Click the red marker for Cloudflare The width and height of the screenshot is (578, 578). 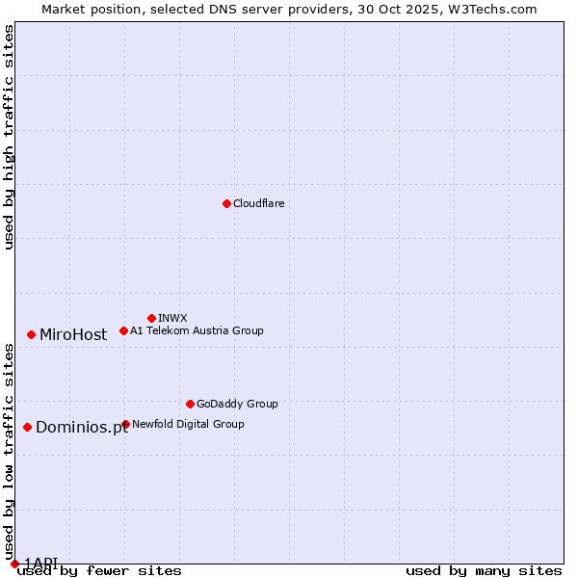[x=226, y=203]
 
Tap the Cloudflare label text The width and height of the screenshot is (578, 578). [x=258, y=203]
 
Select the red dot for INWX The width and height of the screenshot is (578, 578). [x=151, y=318]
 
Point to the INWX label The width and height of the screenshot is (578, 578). [x=172, y=318]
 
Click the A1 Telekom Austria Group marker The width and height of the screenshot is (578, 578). [x=123, y=330]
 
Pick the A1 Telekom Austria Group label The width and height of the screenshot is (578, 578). [x=197, y=330]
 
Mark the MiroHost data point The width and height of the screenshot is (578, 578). [x=31, y=334]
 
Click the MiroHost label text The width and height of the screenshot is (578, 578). [x=73, y=335]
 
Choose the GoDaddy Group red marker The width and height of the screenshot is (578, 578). [x=190, y=404]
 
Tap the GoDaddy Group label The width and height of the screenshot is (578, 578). [x=237, y=404]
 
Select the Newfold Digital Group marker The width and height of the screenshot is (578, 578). [x=125, y=424]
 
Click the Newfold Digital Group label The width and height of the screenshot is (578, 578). [x=188, y=424]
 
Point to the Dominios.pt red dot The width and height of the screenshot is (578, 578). [x=27, y=427]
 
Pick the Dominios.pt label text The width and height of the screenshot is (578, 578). [x=82, y=428]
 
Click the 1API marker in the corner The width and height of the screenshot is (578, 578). [x=14, y=564]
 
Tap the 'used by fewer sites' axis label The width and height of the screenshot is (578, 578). [x=99, y=571]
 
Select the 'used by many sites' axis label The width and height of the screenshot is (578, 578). [x=484, y=571]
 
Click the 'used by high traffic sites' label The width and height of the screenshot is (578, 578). [x=10, y=137]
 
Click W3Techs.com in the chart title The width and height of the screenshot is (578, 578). [x=491, y=9]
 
